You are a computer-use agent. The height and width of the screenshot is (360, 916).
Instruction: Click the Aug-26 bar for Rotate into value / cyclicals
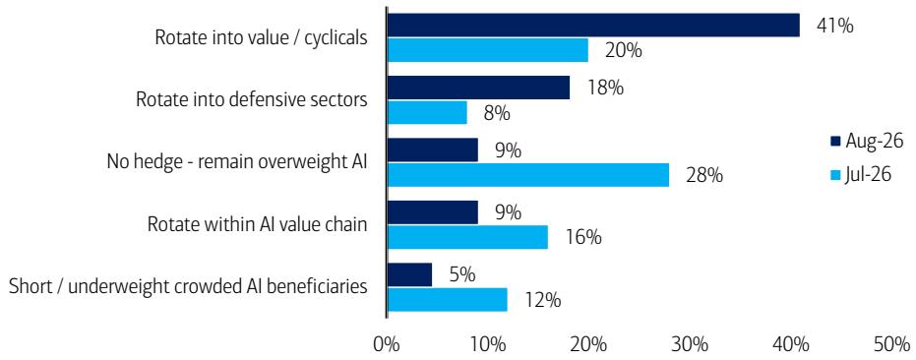593,26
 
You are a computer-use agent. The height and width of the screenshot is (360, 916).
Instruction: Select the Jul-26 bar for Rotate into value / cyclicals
488,50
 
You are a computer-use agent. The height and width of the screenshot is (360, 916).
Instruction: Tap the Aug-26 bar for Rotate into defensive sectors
478,88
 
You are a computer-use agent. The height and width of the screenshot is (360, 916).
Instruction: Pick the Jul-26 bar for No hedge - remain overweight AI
528,175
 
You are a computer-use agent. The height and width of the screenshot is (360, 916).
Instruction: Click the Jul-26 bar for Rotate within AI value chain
467,237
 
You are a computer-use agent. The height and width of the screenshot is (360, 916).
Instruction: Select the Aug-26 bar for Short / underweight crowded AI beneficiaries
409,274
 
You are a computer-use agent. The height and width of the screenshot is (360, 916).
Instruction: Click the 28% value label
703,175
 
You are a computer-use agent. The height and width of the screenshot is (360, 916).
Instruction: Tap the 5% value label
462,274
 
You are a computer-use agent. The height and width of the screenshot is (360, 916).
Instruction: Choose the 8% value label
497,113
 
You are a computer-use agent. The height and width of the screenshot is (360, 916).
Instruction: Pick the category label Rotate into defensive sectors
252,99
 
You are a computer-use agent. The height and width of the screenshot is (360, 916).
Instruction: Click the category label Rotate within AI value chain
257,224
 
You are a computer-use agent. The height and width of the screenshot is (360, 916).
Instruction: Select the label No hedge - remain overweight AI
236,162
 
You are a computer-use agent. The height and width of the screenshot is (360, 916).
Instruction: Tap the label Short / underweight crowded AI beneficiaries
189,286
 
